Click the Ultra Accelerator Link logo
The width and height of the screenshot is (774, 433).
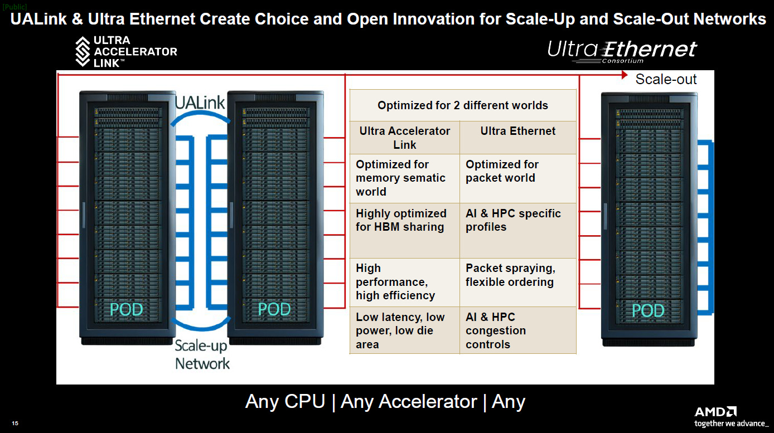tap(126, 51)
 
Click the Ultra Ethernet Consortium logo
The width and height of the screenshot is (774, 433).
tap(622, 52)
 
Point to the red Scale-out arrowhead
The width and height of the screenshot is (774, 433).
tap(625, 75)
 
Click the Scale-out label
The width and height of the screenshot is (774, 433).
tap(666, 79)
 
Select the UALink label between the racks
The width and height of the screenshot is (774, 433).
tap(200, 103)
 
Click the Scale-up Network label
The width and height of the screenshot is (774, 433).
tap(202, 354)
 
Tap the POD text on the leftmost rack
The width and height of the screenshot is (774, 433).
tap(126, 309)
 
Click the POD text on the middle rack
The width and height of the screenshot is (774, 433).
tap(274, 309)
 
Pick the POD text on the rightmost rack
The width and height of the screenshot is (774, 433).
tap(648, 311)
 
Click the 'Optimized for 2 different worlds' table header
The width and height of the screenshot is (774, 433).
tap(463, 105)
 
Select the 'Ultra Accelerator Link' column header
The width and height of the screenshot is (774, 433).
tap(405, 138)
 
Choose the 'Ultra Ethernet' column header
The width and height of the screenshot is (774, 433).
tap(517, 131)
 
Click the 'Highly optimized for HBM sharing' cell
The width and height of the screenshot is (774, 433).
tap(401, 220)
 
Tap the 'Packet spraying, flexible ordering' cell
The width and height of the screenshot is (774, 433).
tap(510, 275)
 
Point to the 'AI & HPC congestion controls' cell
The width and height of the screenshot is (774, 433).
tap(496, 330)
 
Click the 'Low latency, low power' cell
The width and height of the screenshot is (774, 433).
tap(400, 330)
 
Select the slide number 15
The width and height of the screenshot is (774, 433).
tap(15, 423)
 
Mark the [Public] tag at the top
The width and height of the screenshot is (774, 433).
tap(14, 7)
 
